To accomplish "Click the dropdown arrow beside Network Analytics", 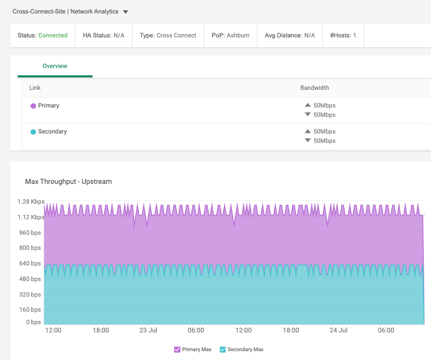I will pyautogui.click(x=126, y=12).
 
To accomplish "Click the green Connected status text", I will pyautogui.click(x=53, y=35).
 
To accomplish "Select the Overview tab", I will pyautogui.click(x=55, y=66).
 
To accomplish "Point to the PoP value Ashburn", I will pyautogui.click(x=238, y=35).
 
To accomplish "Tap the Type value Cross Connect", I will pyautogui.click(x=176, y=35).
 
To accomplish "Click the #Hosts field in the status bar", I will pyautogui.click(x=343, y=35).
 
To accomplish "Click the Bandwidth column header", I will pyautogui.click(x=315, y=88).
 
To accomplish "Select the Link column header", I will pyautogui.click(x=35, y=88).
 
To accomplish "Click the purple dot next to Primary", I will pyautogui.click(x=33, y=106).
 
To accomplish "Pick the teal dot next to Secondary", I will pyautogui.click(x=33, y=132).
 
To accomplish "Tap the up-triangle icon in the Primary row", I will pyautogui.click(x=308, y=105).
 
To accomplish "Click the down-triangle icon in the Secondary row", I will pyautogui.click(x=308, y=141).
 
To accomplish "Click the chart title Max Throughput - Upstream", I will pyautogui.click(x=69, y=182).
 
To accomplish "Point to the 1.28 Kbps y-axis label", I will pyautogui.click(x=31, y=202).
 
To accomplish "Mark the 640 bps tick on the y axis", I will pyautogui.click(x=30, y=263).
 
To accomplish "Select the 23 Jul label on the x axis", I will pyautogui.click(x=149, y=330).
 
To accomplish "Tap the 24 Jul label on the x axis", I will pyautogui.click(x=338, y=330).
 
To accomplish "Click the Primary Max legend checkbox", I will pyautogui.click(x=177, y=350).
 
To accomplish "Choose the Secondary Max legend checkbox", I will pyautogui.click(x=223, y=350).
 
